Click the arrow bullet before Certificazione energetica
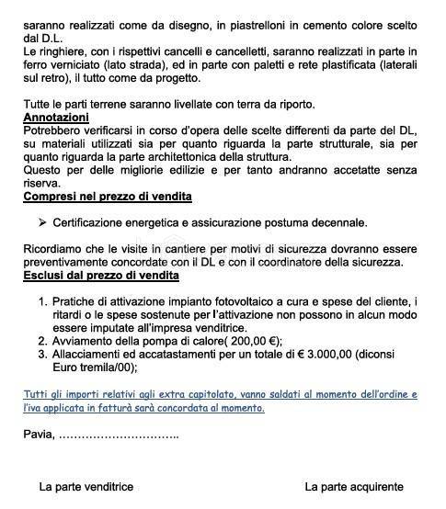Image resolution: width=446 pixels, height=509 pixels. pyautogui.click(x=42, y=223)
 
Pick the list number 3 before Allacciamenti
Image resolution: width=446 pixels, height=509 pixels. pyautogui.click(x=41, y=354)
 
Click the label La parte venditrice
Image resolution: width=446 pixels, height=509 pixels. pyautogui.click(x=86, y=487)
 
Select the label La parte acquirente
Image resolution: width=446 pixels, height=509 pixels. pyautogui.click(x=354, y=487)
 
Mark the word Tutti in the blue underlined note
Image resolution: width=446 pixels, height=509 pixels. pyautogui.click(x=37, y=394)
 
